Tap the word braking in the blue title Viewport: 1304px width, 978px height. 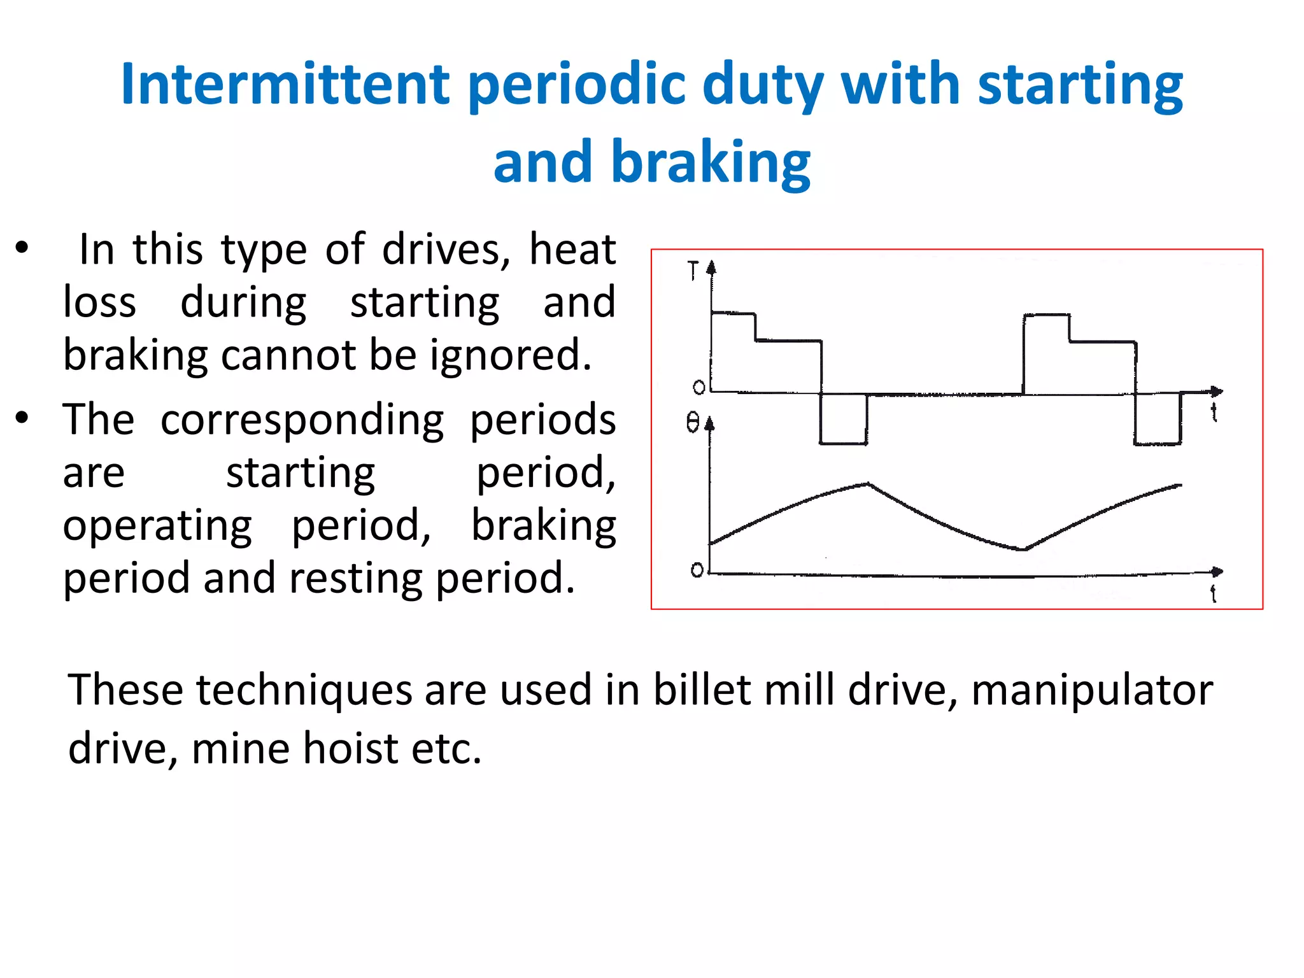point(711,162)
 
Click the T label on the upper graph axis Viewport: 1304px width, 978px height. point(693,271)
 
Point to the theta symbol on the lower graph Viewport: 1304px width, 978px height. point(693,422)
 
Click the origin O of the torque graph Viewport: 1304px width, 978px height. point(698,387)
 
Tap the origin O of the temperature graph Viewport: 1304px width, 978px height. point(697,570)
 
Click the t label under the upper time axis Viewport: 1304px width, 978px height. point(1214,413)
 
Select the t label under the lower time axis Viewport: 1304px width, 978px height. point(1213,593)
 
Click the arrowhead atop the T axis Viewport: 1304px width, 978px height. point(711,267)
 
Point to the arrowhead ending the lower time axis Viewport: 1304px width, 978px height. point(1217,572)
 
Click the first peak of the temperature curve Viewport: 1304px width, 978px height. point(868,485)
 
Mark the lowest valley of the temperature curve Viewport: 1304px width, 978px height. point(1023,549)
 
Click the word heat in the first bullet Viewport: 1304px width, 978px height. point(572,249)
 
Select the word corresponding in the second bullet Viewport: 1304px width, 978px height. point(302,420)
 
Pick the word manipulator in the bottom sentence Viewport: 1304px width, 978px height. point(1092,690)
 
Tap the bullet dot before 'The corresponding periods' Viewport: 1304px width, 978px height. point(22,418)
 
